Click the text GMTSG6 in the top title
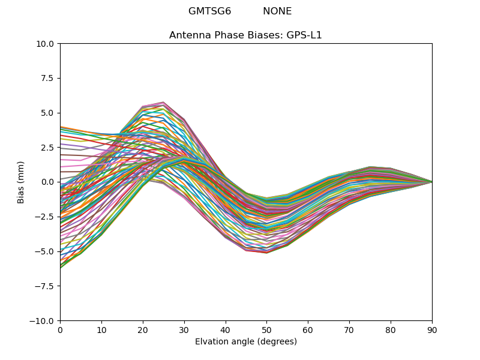coord(209,11)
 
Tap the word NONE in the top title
coord(277,11)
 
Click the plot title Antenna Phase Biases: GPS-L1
coord(245,35)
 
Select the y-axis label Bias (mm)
coord(22,182)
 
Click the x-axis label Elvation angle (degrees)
coord(245,342)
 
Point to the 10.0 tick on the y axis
coord(46,44)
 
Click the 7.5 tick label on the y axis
coord(48,78)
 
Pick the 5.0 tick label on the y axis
coord(48,113)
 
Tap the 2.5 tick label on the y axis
coord(48,148)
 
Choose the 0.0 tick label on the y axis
coord(48,182)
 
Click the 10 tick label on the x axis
coord(101,329)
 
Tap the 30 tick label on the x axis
coord(184,329)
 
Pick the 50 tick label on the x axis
coord(266,329)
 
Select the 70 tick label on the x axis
coord(349,329)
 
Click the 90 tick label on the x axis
coord(432,329)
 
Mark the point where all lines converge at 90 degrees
coord(431,182)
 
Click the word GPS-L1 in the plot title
coord(307,35)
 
